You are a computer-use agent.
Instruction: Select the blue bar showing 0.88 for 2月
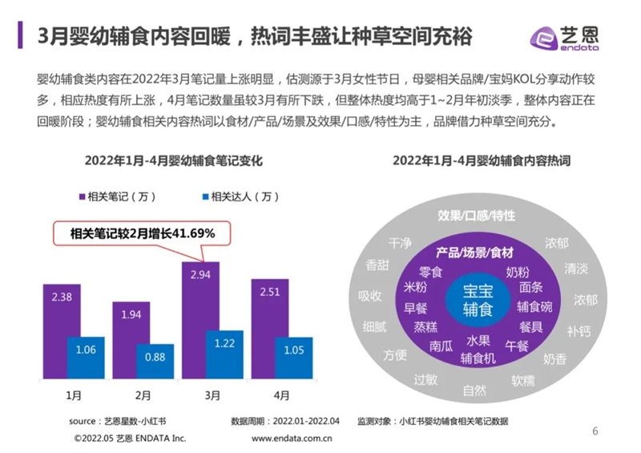(155, 362)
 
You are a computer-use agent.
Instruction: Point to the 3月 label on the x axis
(213, 396)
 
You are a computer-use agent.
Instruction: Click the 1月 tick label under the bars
(74, 396)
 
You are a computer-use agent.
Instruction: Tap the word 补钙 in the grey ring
(579, 330)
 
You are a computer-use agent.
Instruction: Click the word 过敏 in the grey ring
(425, 379)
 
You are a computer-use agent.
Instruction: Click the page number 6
(595, 431)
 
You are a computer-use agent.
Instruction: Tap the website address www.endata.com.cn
(292, 439)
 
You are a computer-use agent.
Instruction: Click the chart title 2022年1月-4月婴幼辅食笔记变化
(174, 161)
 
